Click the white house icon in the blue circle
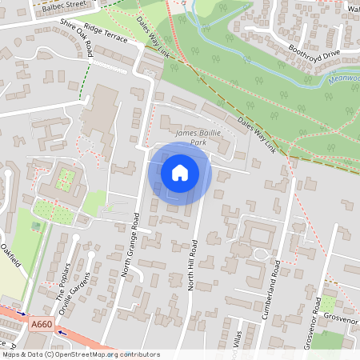(x=180, y=172)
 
